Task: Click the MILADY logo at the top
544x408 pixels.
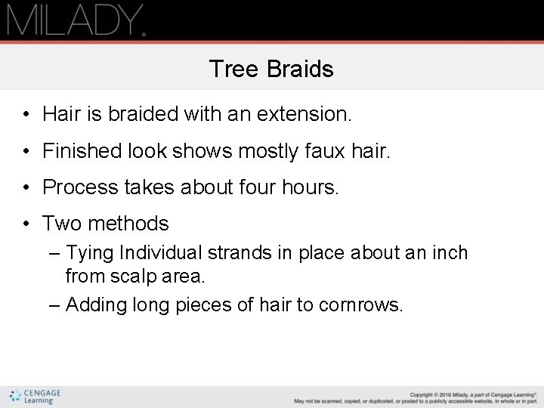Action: (x=76, y=20)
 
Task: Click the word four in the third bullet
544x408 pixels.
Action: (x=264, y=187)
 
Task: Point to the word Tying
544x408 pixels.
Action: (x=91, y=252)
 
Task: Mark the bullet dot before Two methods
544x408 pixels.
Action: (x=26, y=224)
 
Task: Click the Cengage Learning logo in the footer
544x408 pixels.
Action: (x=36, y=396)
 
